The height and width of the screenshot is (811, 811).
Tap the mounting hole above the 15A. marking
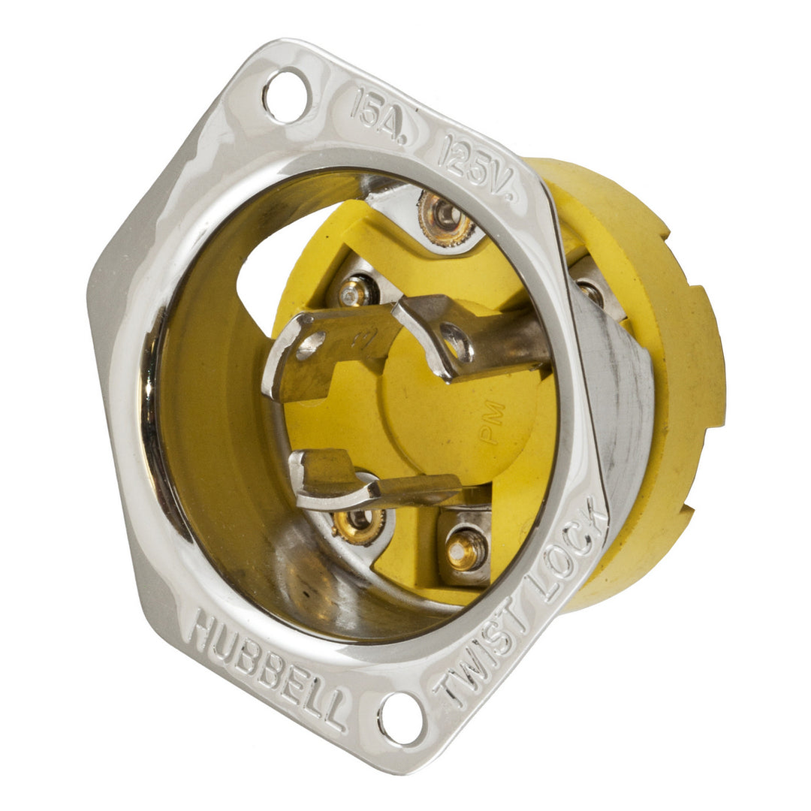285,95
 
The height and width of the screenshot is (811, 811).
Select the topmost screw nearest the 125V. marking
446,216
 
